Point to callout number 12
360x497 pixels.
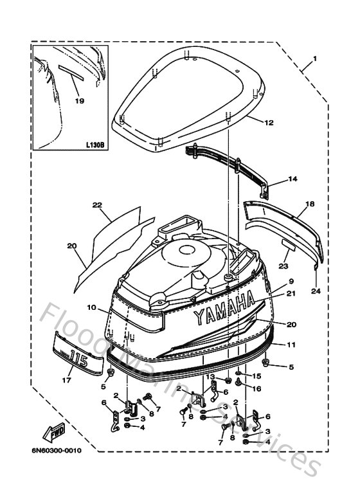[269, 122]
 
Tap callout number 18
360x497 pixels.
[309, 204]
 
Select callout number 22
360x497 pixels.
[97, 205]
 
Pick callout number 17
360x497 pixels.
[65, 380]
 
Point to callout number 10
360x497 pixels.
[91, 308]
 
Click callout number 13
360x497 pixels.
[210, 376]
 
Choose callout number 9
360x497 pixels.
[291, 282]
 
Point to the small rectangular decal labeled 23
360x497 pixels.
[289, 244]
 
